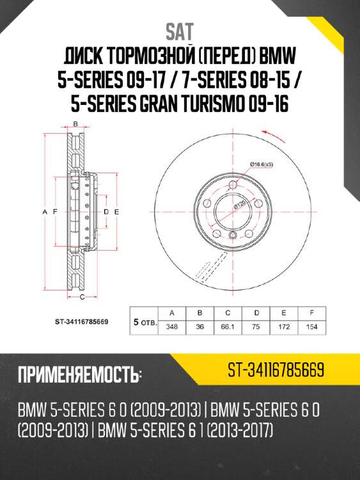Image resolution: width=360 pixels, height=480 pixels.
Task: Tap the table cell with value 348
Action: click(x=171, y=327)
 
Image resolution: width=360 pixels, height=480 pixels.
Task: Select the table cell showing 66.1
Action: click(x=227, y=327)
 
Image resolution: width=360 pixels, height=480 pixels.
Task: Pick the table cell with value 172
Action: click(x=283, y=327)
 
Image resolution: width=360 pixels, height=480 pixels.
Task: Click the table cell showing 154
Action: click(x=311, y=327)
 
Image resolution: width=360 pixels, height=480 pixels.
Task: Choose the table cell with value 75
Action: click(x=255, y=327)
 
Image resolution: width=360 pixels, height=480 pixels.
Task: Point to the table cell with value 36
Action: click(x=199, y=327)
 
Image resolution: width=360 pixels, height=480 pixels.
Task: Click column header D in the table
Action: click(x=255, y=313)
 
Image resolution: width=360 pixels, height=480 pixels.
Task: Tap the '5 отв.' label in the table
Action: click(x=143, y=320)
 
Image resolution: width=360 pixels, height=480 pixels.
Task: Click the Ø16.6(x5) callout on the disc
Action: click(x=262, y=165)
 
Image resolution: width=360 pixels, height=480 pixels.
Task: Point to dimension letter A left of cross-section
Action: click(x=44, y=211)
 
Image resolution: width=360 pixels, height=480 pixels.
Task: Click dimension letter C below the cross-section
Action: click(x=82, y=297)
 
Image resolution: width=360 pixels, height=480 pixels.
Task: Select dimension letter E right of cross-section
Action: click(x=117, y=211)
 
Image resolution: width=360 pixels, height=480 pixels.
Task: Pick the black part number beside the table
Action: click(x=80, y=321)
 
